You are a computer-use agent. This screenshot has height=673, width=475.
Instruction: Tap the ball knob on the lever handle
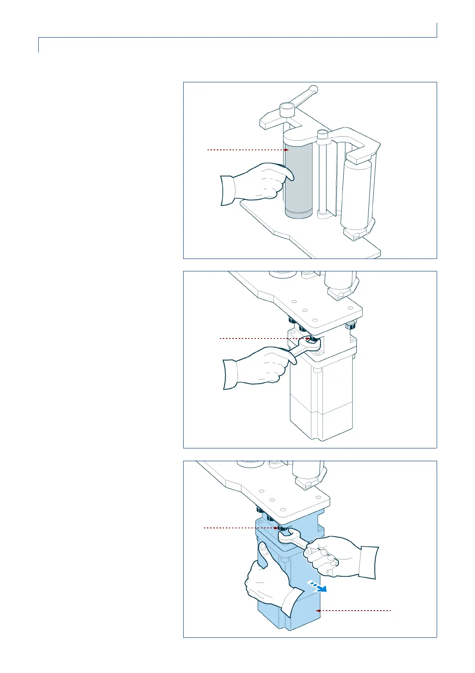click(x=314, y=89)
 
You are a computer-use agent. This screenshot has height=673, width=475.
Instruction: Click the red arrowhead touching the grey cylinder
click(x=286, y=150)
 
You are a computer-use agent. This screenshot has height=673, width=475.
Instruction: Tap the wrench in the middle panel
click(x=305, y=346)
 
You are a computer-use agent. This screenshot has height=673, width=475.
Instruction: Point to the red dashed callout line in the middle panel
click(x=259, y=338)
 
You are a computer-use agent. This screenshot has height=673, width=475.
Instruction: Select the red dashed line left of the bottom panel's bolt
click(x=239, y=528)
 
